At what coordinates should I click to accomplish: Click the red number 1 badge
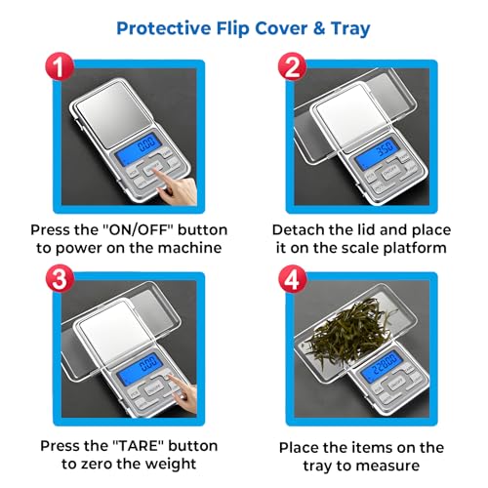click(60, 67)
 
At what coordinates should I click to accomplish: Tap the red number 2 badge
click(292, 67)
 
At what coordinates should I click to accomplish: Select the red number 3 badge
click(60, 279)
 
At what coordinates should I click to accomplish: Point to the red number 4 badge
click(292, 279)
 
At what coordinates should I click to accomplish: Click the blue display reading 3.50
click(378, 152)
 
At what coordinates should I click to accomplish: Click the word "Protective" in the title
click(164, 28)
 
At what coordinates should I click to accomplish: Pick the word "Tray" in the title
click(350, 29)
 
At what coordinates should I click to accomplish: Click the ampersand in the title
click(319, 28)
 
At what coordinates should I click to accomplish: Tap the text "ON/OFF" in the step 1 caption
click(141, 230)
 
